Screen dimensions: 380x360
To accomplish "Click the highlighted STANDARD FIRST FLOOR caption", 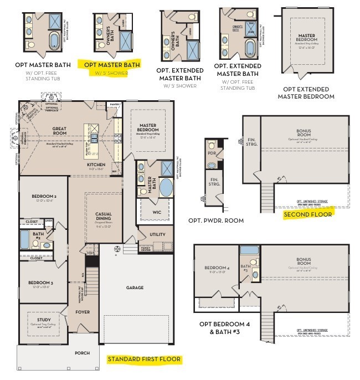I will pos(143,360).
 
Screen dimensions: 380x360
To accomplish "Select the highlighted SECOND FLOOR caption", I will pos(307,214).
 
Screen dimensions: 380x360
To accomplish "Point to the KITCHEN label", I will pos(96,165).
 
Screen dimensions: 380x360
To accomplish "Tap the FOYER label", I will pos(83,312).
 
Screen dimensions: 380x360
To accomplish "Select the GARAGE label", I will pos(135,287).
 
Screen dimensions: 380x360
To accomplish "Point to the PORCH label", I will pos(82,353).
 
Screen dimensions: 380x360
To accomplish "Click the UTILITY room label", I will pos(157,234).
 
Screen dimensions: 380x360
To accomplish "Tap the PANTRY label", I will pos(115,104).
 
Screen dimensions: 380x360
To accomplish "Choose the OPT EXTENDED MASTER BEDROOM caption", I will pos(306,93).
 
